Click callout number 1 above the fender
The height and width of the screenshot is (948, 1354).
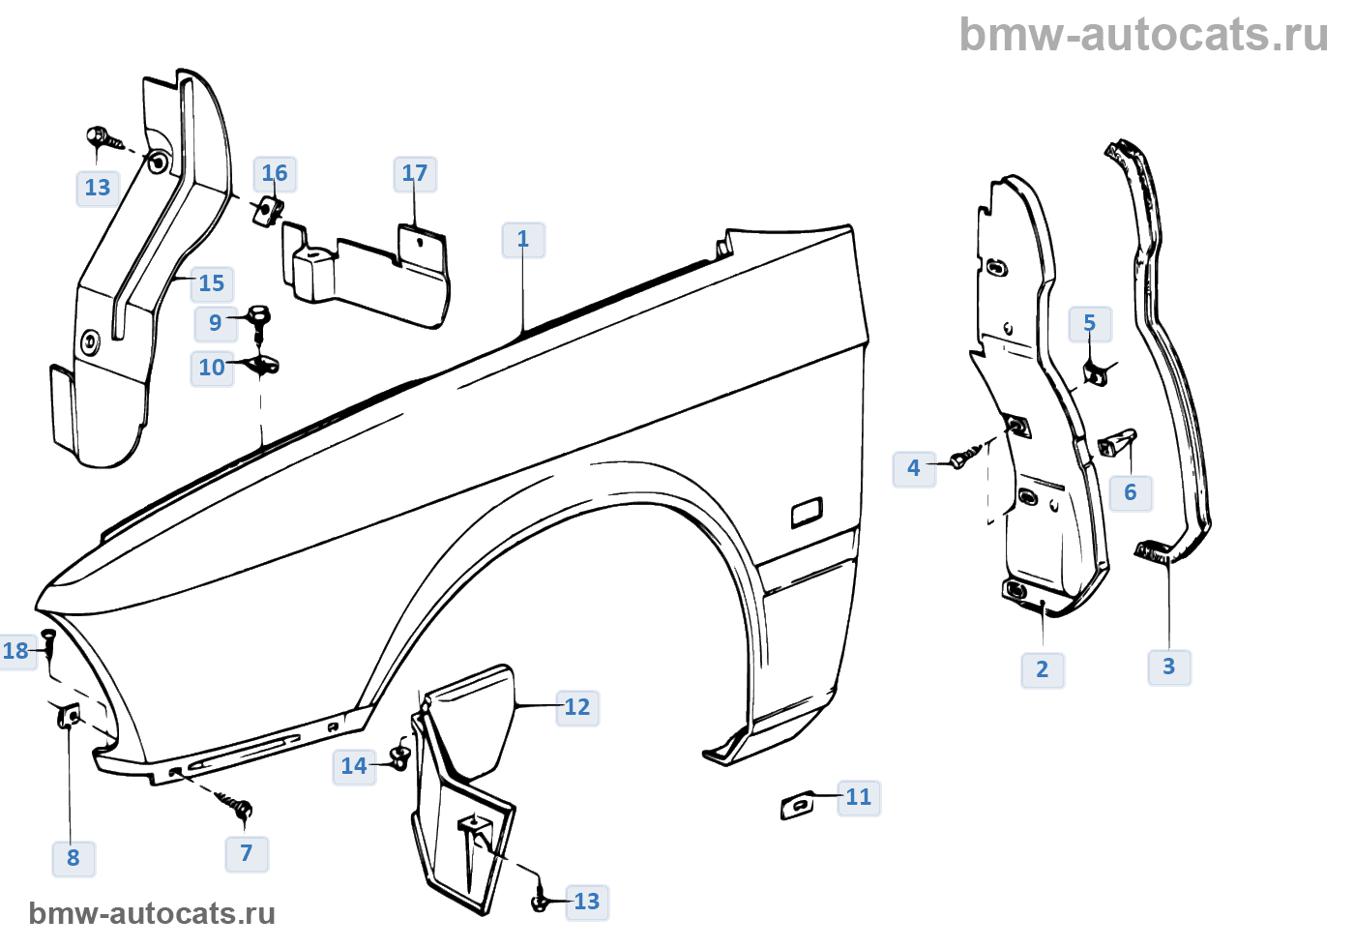pos(523,240)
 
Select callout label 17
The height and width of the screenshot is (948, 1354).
pos(415,174)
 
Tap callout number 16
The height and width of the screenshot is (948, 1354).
pos(275,174)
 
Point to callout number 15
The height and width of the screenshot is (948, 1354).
pos(212,284)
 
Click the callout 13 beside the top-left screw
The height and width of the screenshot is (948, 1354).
pos(98,189)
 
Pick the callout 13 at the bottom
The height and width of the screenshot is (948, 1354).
pos(587,903)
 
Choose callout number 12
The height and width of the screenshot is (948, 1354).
pos(577,708)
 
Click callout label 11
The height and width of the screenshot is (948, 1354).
pos(859,798)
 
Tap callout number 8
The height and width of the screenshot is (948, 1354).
pos(74,858)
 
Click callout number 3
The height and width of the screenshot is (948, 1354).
pos(1169,667)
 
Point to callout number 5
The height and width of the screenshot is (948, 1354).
pos(1090,324)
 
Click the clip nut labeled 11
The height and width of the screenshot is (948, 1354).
pos(798,804)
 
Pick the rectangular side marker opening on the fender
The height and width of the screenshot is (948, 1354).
pos(807,512)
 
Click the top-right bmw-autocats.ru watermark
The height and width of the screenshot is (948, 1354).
pos(1143,36)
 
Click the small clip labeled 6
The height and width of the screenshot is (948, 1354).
pos(1116,444)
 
